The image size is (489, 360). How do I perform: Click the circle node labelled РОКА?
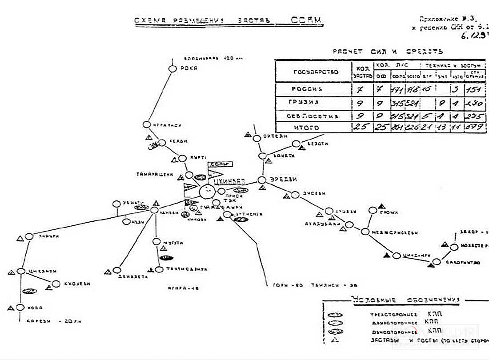point(172,69)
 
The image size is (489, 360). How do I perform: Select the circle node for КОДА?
point(20,308)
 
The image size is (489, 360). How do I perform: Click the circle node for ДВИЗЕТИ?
point(117,270)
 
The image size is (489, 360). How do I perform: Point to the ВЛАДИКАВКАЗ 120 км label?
point(208,58)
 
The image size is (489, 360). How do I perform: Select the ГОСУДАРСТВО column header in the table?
point(316,72)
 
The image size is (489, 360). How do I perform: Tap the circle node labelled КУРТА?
point(182,158)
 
